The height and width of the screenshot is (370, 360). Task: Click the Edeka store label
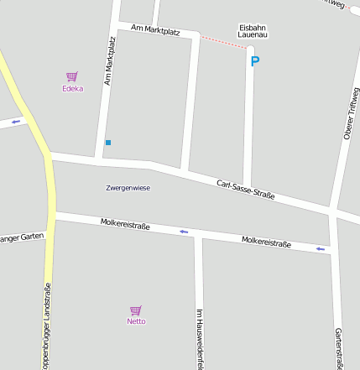(x=73, y=88)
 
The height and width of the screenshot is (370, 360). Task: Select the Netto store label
(x=136, y=321)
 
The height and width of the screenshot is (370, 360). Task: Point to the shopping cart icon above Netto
(x=136, y=310)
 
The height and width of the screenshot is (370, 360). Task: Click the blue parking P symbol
(x=255, y=60)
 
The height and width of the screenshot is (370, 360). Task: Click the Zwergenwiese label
(x=128, y=188)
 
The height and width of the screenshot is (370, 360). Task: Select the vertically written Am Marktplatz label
(x=109, y=61)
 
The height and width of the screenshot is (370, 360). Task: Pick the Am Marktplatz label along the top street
(x=156, y=31)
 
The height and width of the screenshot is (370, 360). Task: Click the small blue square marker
(x=108, y=143)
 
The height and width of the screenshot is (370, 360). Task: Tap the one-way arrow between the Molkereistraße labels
(x=184, y=232)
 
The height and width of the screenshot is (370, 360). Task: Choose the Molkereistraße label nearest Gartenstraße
(x=266, y=243)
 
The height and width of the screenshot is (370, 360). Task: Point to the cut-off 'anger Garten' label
(x=21, y=237)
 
